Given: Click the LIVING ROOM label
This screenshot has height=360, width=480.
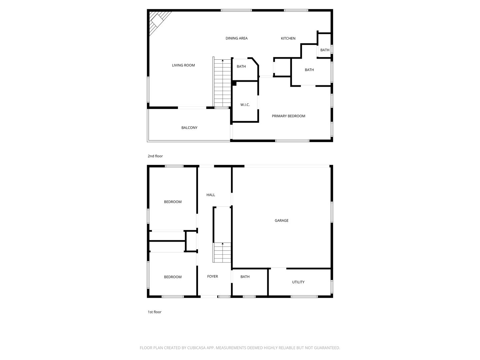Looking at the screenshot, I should click(x=183, y=65).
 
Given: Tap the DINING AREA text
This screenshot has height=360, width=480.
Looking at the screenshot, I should click(x=236, y=38).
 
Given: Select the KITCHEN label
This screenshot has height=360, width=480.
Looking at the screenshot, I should click(x=288, y=38).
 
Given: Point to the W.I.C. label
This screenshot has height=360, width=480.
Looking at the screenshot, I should click(x=245, y=105).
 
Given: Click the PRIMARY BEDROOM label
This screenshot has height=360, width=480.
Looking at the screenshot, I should click(x=288, y=116).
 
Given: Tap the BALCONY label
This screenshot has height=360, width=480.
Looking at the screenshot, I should click(x=189, y=128).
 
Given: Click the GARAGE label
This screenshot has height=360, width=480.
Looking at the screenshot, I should click(x=281, y=220).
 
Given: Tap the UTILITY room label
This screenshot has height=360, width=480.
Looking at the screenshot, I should click(x=298, y=282).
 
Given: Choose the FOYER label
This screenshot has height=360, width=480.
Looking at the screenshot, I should click(x=212, y=276).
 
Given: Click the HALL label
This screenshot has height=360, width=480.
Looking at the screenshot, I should click(x=211, y=195).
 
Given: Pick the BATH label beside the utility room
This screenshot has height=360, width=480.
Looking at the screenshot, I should click(x=245, y=277).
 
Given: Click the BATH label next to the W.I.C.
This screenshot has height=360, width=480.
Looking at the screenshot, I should click(x=241, y=66).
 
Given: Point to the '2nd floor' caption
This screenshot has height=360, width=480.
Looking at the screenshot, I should click(x=155, y=156).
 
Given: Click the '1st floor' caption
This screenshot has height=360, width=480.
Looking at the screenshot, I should click(x=155, y=312).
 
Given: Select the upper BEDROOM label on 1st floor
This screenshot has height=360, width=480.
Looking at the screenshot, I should click(x=173, y=202).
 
